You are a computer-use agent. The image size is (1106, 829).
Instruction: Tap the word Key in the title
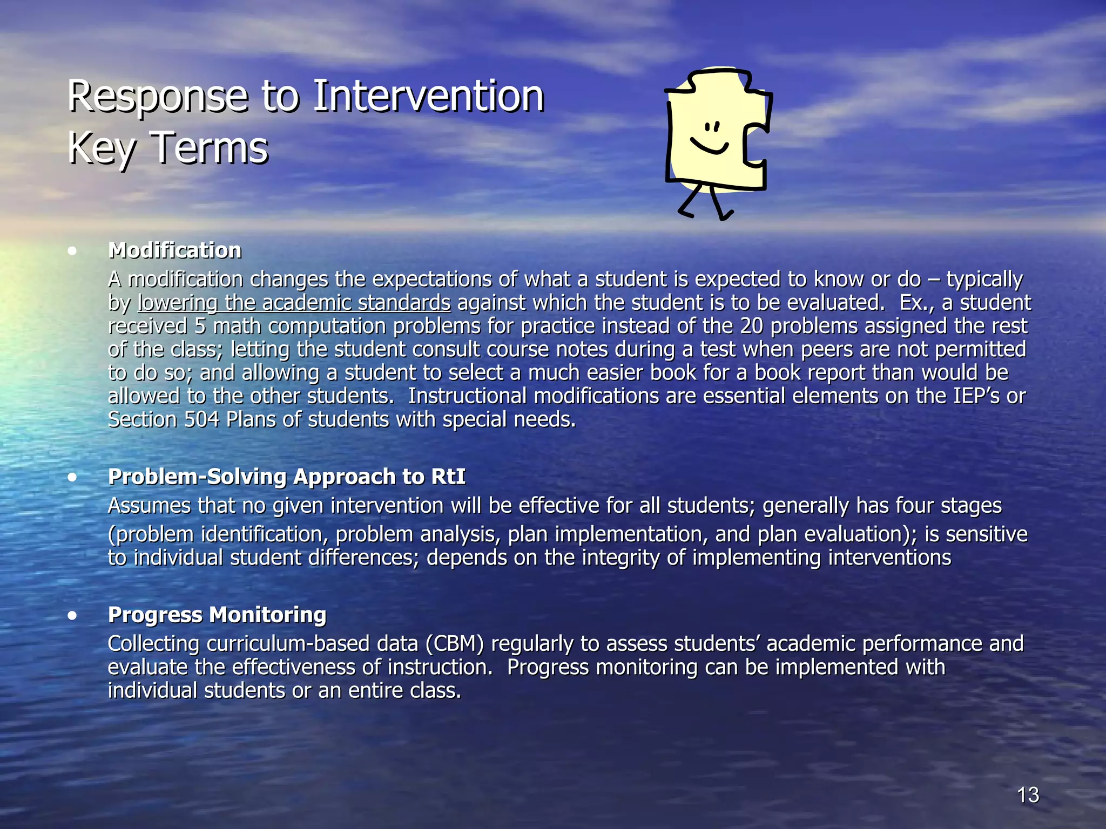pyautogui.click(x=101, y=148)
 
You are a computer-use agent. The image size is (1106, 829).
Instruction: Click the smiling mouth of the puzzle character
pyautogui.click(x=710, y=146)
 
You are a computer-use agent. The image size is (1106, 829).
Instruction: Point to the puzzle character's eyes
pyautogui.click(x=712, y=127)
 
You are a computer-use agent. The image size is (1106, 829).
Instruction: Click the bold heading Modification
pyautogui.click(x=174, y=250)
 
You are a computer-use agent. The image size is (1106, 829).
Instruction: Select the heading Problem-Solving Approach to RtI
pyautogui.click(x=286, y=477)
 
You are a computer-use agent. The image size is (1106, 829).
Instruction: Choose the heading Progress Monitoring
pyautogui.click(x=217, y=615)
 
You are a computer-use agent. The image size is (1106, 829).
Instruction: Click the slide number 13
pyautogui.click(x=1028, y=795)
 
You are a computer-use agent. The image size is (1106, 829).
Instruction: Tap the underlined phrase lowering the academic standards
pyautogui.click(x=294, y=303)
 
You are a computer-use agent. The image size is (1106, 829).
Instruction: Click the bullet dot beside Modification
pyautogui.click(x=72, y=251)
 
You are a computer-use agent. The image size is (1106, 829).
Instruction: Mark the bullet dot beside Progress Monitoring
pyautogui.click(x=72, y=616)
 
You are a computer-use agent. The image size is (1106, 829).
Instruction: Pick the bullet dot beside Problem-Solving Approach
pyautogui.click(x=72, y=478)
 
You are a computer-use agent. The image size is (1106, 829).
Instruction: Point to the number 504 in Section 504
pyautogui.click(x=201, y=419)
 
